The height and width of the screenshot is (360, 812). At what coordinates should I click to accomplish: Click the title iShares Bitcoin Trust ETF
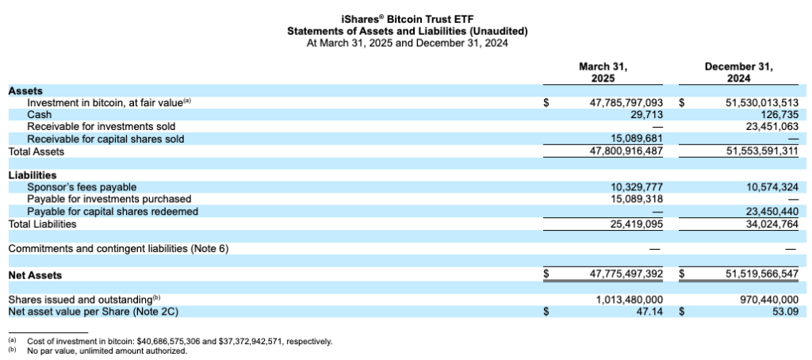click(407, 19)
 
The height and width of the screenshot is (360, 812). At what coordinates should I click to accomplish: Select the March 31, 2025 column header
click(608, 74)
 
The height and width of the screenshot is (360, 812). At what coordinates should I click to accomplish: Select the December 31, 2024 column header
click(738, 74)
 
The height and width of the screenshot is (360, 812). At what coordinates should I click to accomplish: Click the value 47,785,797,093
click(626, 103)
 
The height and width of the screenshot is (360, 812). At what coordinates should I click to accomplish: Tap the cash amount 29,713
click(646, 115)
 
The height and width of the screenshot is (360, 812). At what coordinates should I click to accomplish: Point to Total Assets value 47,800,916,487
click(626, 151)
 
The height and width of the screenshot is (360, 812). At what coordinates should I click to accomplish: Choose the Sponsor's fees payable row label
click(82, 187)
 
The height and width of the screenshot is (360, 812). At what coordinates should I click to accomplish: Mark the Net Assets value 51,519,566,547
click(761, 274)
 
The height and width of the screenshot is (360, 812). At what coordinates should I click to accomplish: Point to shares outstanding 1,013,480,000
click(629, 300)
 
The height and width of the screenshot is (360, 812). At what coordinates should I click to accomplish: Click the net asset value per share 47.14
click(650, 312)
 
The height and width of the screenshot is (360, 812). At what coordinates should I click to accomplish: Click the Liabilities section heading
click(32, 175)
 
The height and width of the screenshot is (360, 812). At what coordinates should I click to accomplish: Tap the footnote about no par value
click(106, 350)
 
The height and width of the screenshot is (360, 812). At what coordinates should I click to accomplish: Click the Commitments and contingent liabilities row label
click(118, 249)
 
